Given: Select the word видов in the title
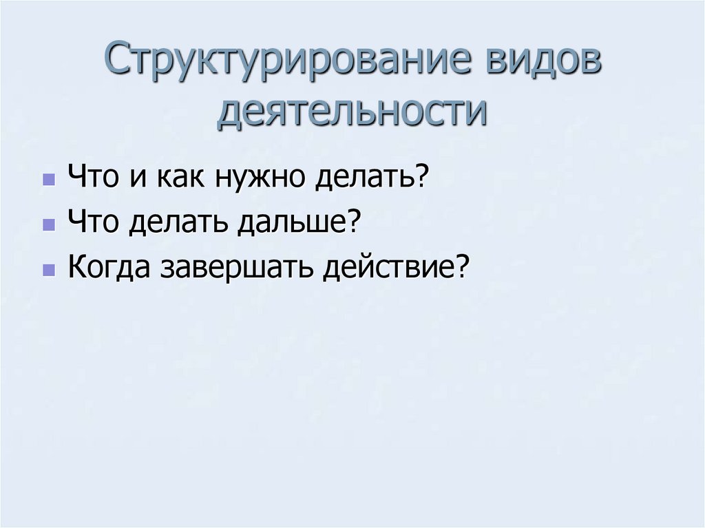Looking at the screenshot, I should click(545, 63).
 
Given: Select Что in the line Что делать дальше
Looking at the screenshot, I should click(92, 223).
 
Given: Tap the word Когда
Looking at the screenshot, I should click(109, 267).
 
